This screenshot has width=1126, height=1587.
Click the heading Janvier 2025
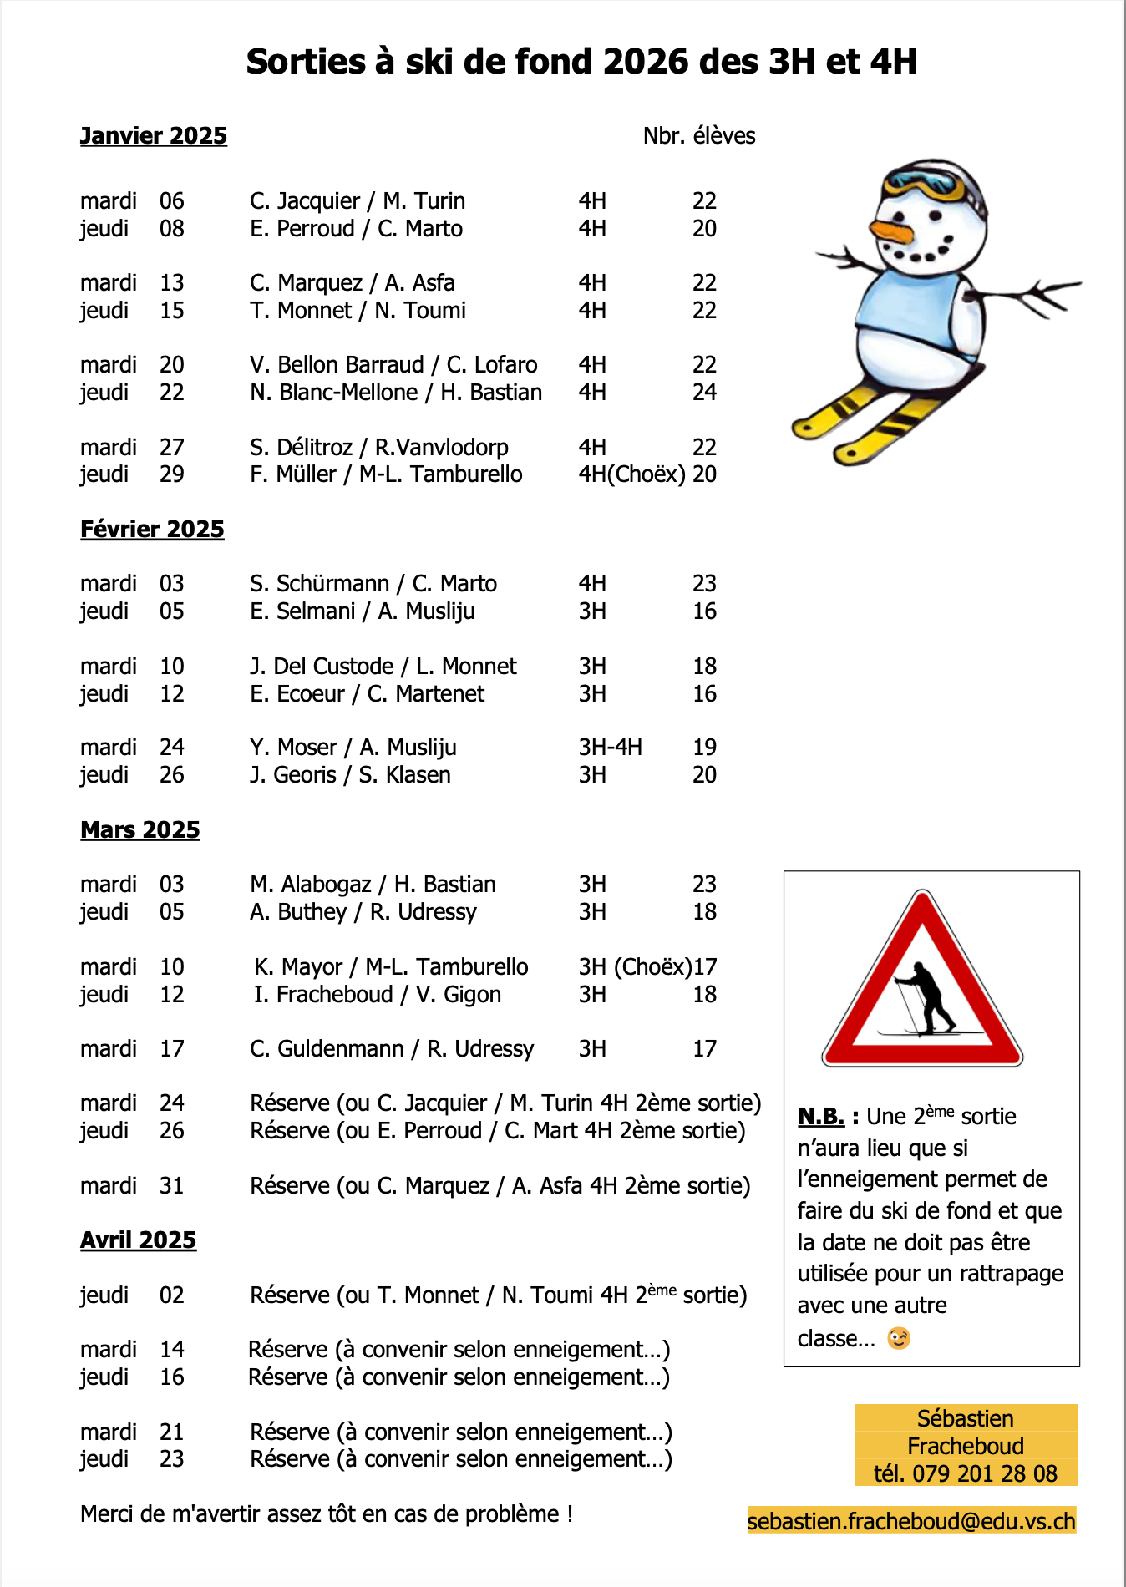[153, 136]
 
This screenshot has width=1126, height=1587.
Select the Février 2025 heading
[152, 530]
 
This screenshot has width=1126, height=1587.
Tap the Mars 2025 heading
[139, 830]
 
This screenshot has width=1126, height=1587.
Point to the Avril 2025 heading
[138, 1240]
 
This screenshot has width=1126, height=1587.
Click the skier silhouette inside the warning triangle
[926, 999]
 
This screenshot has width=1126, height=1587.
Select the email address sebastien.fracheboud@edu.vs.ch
[910, 1521]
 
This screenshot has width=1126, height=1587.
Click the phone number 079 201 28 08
[985, 1473]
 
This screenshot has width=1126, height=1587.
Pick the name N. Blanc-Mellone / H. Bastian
[396, 393]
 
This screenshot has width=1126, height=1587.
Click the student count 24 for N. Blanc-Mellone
[704, 393]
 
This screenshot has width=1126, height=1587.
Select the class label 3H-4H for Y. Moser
[611, 748]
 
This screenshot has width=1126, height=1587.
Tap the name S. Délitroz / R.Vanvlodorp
[378, 448]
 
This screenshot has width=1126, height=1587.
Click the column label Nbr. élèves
[698, 136]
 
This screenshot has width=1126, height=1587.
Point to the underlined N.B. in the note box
[821, 1117]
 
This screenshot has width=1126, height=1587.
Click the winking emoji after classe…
[899, 1338]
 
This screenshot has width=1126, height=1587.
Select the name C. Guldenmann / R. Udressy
[391, 1049]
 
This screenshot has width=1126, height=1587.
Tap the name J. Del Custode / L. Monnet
[383, 667]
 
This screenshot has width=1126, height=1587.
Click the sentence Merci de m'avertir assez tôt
[326, 1514]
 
